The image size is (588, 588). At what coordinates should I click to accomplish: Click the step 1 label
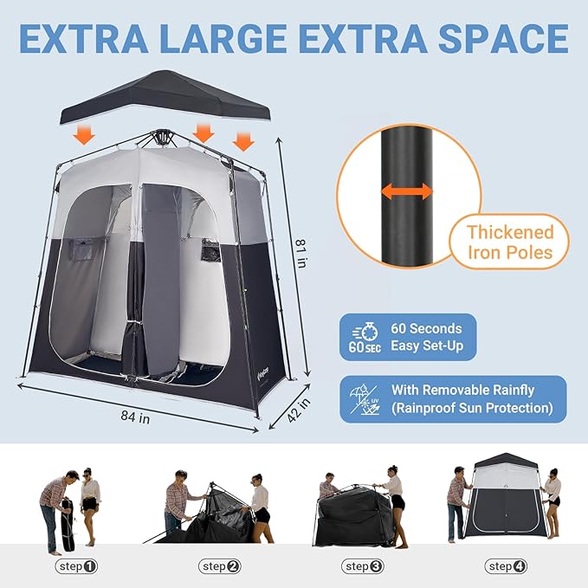[x=76, y=566]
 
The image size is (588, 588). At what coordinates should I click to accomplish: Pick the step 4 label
[x=507, y=566]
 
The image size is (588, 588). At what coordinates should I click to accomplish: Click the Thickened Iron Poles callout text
[x=509, y=242]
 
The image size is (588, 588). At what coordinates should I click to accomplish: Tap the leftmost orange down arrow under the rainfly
[x=84, y=134]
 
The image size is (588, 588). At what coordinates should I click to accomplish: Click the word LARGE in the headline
[x=227, y=39]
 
